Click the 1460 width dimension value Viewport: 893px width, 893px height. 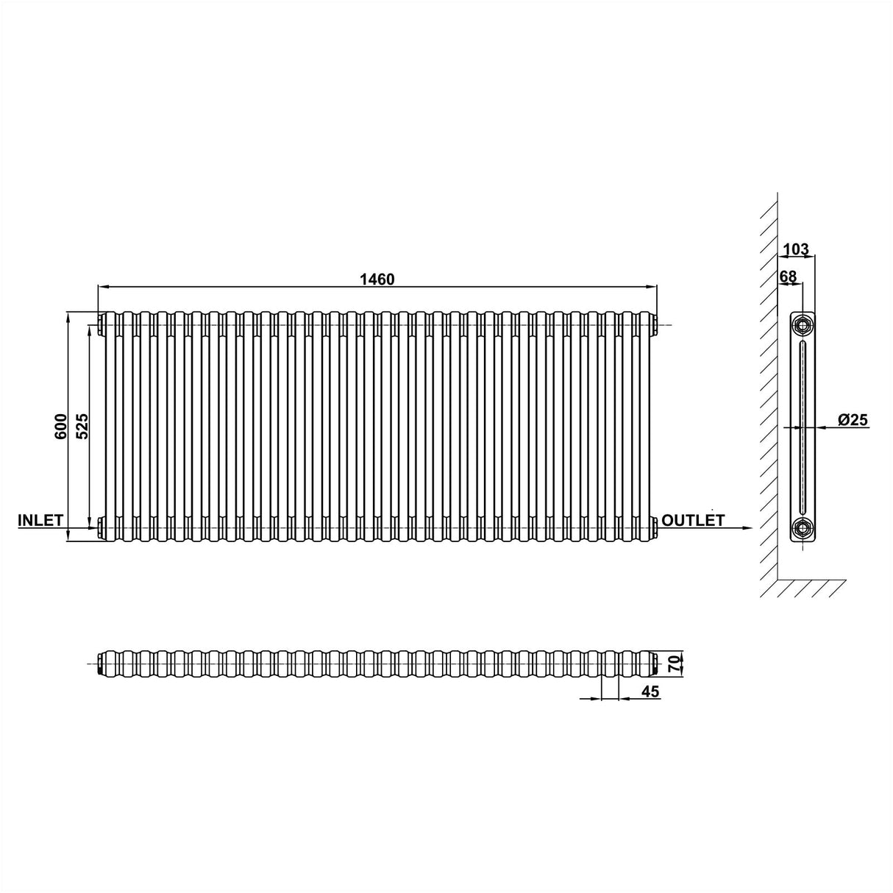point(377,279)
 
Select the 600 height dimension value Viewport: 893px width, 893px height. point(62,427)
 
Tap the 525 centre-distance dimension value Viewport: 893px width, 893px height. point(82,427)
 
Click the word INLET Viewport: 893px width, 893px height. point(40,520)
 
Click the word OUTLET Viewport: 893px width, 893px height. point(693,520)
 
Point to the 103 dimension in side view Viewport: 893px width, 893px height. point(796,250)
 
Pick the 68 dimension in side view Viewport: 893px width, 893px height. point(788,277)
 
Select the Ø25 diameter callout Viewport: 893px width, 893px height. point(853,420)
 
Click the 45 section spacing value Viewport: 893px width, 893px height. point(650,691)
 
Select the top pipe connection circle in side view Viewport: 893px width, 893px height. point(803,324)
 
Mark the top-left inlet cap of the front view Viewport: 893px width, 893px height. point(99,321)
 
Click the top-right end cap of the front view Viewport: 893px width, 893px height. point(653,321)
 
